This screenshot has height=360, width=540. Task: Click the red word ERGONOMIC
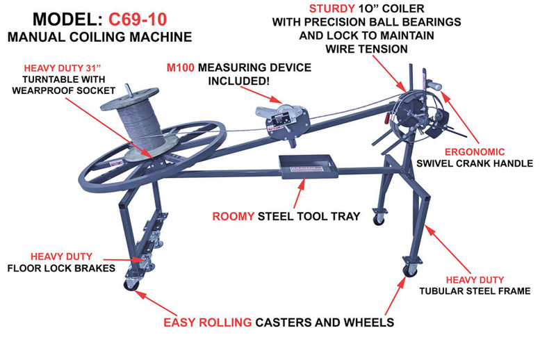(x=471, y=151)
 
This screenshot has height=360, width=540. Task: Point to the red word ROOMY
(x=234, y=216)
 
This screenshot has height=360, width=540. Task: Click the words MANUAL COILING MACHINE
(x=98, y=35)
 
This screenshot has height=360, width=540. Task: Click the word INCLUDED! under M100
(x=239, y=81)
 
